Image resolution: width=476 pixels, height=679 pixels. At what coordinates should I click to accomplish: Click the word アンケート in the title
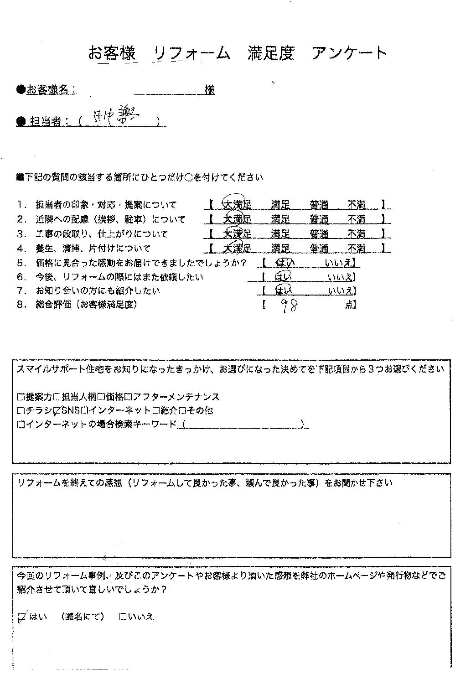(349, 53)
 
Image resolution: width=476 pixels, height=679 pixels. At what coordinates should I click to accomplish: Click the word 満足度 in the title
(271, 53)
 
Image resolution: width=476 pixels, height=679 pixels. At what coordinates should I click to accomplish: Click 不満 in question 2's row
(356, 219)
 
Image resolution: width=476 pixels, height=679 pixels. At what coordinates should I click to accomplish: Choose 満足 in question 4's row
(280, 249)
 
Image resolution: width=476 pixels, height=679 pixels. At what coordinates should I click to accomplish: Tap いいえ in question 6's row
(340, 277)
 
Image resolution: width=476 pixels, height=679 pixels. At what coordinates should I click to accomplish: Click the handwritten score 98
(289, 306)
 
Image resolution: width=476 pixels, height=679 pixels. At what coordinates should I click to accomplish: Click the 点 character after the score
(349, 305)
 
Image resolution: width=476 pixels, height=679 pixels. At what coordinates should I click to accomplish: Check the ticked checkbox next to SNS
(57, 411)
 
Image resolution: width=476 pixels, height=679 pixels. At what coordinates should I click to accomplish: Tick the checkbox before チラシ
(21, 411)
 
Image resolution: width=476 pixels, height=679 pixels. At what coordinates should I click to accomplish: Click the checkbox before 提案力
(21, 397)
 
